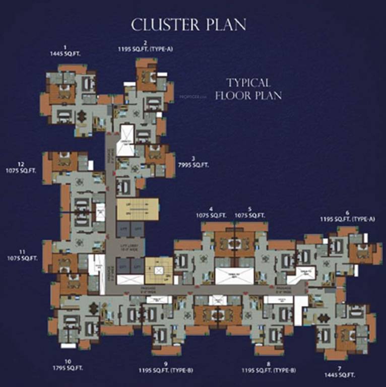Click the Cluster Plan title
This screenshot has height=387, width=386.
188,25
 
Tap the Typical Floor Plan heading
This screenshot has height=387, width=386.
248,89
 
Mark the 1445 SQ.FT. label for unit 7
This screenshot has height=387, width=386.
340,375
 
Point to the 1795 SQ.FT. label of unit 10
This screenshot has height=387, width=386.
68,368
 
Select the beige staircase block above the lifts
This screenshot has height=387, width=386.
137,209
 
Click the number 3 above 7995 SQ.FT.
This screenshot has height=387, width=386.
193,159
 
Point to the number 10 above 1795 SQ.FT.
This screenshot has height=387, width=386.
68,361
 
